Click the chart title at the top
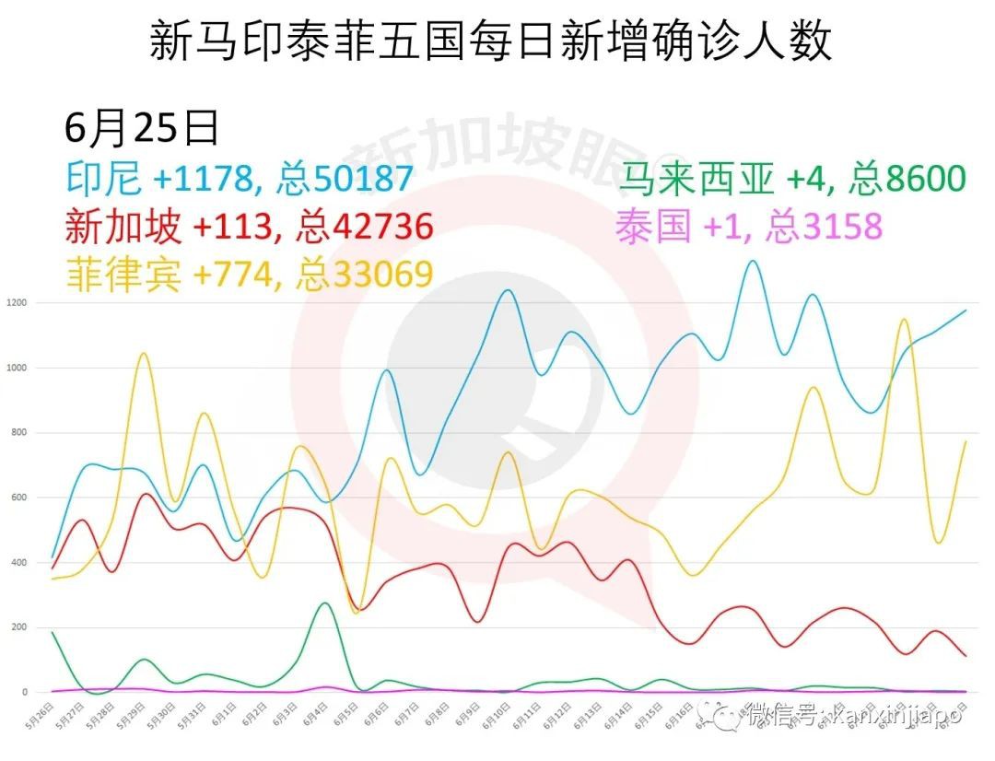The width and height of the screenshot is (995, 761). pos(491,41)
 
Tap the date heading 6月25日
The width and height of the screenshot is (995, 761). pos(142,128)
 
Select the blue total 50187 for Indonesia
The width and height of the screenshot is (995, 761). pos(355,178)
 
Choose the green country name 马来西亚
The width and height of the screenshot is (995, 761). pos(696,178)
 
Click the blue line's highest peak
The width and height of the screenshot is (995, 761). pos(753,262)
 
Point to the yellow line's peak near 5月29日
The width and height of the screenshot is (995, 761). pos(143,353)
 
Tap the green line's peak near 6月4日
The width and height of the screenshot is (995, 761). pos(324,603)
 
